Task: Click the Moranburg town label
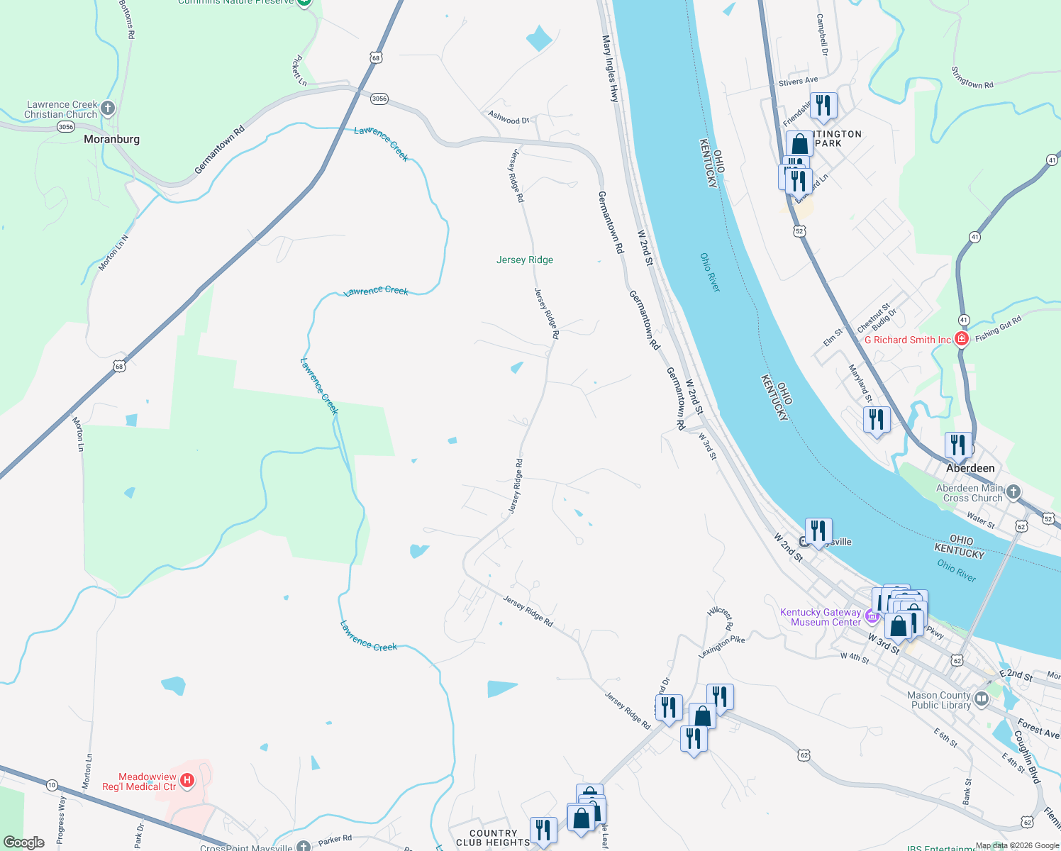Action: tap(111, 139)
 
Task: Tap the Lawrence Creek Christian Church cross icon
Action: tap(108, 109)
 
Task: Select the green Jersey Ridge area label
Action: tap(525, 260)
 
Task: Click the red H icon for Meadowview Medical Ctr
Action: tap(187, 781)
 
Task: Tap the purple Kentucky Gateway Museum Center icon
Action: tap(872, 617)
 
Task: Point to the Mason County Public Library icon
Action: tap(982, 700)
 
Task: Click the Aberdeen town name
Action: tap(970, 468)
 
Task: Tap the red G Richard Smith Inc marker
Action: tap(962, 339)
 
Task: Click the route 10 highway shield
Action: tap(52, 785)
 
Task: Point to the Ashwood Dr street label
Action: tap(509, 118)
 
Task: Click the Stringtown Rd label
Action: tap(972, 78)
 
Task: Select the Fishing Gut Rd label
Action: tap(998, 329)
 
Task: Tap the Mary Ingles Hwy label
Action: tap(610, 69)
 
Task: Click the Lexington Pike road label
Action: tap(721, 647)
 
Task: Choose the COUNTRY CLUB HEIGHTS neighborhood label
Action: tap(493, 838)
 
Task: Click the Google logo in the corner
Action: tap(23, 842)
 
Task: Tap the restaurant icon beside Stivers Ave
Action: tap(823, 105)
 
